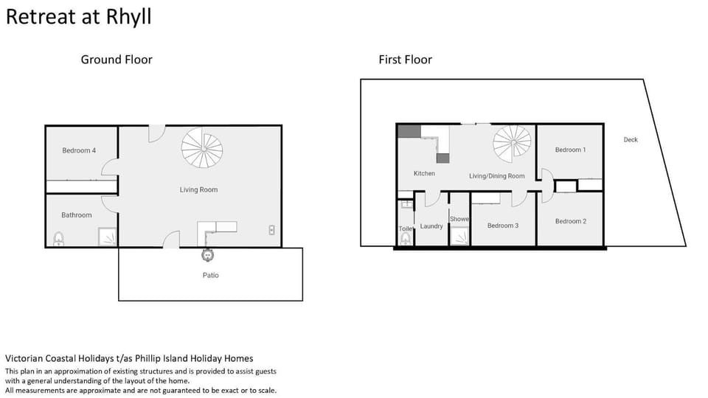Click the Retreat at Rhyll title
[79, 17]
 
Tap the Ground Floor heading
[117, 60]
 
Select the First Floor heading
[406, 60]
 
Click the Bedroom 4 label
[79, 150]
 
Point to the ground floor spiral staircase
[202, 147]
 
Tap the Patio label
[210, 275]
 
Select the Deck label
[631, 139]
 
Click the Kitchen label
[425, 173]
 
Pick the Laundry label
[431, 226]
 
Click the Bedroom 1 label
[570, 150]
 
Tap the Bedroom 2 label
[571, 221]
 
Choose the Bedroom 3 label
[503, 226]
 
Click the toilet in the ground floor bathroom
[58, 239]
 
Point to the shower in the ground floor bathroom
[108, 237]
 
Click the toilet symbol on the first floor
[406, 238]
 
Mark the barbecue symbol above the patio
[207, 255]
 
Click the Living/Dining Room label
[496, 176]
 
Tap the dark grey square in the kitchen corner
[409, 131]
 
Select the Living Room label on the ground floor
[198, 190]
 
